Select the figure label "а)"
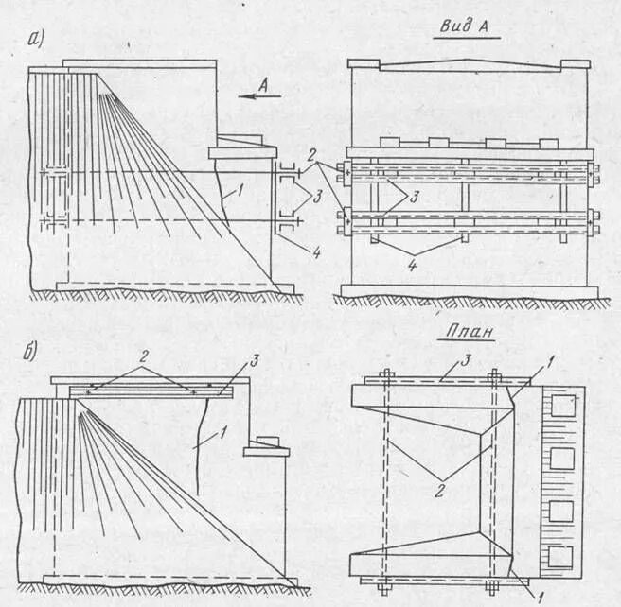[x=38, y=39]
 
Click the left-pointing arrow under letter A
[x=256, y=95]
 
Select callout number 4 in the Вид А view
[x=411, y=267]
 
